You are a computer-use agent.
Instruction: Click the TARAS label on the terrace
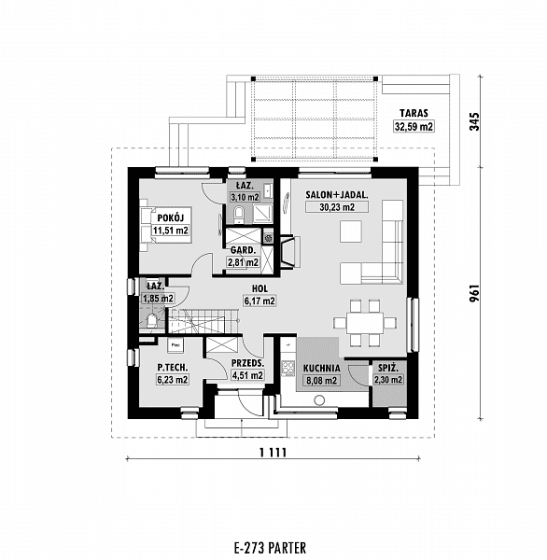pyautogui.click(x=414, y=113)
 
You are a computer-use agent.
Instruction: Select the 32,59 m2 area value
pyautogui.click(x=414, y=126)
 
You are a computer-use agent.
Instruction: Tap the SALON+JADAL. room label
pyautogui.click(x=337, y=195)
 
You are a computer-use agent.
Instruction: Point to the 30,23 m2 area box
pyautogui.click(x=337, y=207)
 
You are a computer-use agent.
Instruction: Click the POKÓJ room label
pyautogui.click(x=171, y=217)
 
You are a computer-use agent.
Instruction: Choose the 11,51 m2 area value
pyautogui.click(x=171, y=231)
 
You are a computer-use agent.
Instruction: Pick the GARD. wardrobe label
pyautogui.click(x=243, y=250)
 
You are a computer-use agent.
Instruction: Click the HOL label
pyautogui.click(x=259, y=288)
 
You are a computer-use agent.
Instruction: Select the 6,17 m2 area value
pyautogui.click(x=259, y=301)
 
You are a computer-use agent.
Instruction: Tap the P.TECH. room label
pyautogui.click(x=173, y=367)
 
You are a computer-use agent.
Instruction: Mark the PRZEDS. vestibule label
pyautogui.click(x=247, y=364)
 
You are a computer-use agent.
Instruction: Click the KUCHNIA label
pyautogui.click(x=321, y=369)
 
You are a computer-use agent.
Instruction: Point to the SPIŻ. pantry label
pyautogui.click(x=388, y=367)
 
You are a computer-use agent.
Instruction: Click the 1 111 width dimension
pyautogui.click(x=273, y=453)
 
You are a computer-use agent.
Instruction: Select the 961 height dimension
pyautogui.click(x=474, y=293)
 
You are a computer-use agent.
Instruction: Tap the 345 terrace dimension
pyautogui.click(x=474, y=121)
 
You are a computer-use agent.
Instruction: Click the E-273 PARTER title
pyautogui.click(x=270, y=548)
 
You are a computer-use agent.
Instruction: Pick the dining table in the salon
pyautogui.click(x=365, y=323)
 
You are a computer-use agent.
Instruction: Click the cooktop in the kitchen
pyautogui.click(x=288, y=368)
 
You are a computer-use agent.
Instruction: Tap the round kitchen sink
pyautogui.click(x=319, y=400)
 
